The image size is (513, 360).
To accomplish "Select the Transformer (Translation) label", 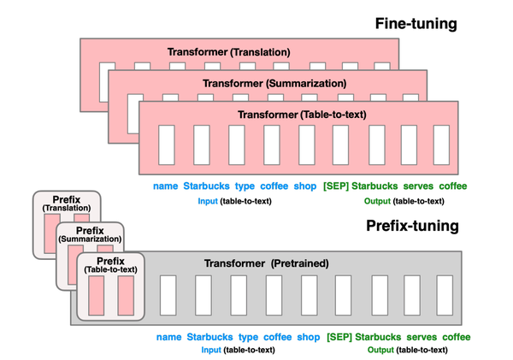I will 228,52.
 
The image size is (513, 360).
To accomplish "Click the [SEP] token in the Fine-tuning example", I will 336,186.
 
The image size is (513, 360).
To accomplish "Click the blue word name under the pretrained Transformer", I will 169,337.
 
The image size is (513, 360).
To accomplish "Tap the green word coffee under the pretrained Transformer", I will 456,337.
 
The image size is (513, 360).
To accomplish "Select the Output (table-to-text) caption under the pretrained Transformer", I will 408,350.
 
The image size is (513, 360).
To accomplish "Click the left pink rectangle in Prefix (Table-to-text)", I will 94,295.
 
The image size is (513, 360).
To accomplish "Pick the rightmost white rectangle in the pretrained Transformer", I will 444,296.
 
